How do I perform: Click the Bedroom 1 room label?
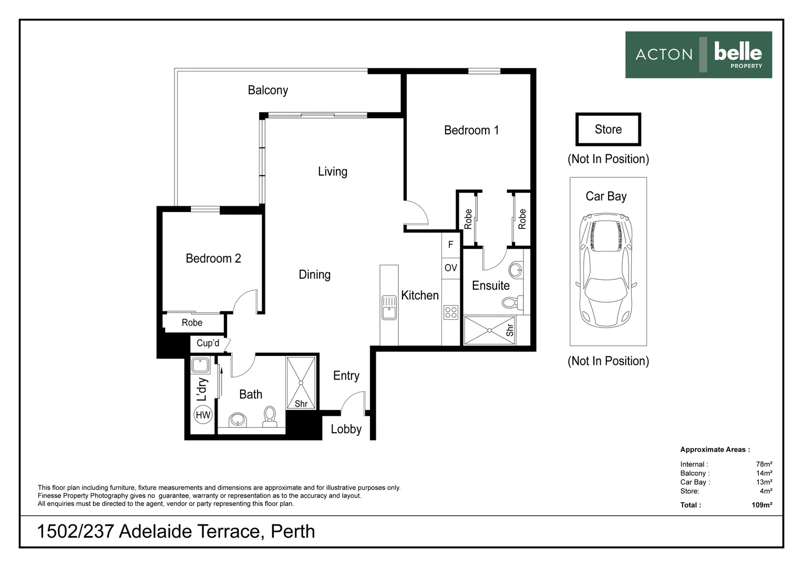point(471,130)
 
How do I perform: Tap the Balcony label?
point(267,90)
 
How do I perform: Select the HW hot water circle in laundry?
point(203,415)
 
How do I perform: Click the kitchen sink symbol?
point(389,307)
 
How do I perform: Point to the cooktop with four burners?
point(451,312)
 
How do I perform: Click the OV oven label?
point(451,268)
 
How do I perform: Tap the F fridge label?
point(450,245)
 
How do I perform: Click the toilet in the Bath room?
point(270,415)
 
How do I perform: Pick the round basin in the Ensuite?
point(516,270)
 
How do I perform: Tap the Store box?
point(608,129)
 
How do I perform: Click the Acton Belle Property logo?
point(698,55)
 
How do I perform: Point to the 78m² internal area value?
point(764,464)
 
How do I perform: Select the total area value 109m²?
point(761,505)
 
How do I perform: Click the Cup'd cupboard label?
point(208,343)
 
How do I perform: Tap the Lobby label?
point(346,429)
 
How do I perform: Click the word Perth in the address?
point(293,531)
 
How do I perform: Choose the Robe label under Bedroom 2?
point(192,323)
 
